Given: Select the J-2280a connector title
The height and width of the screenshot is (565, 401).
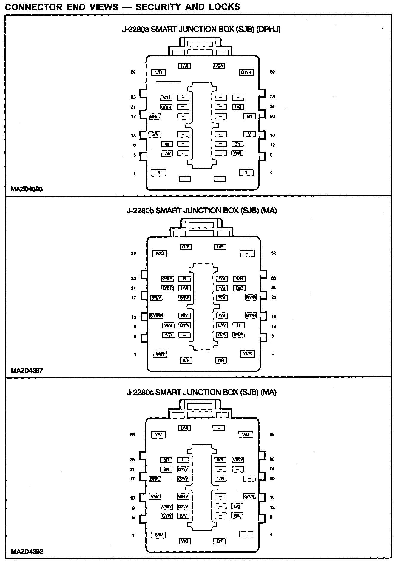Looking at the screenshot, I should (x=201, y=29).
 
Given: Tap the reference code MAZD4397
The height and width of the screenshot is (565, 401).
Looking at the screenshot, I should (x=27, y=371).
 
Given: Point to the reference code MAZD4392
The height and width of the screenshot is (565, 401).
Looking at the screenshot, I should (x=27, y=552).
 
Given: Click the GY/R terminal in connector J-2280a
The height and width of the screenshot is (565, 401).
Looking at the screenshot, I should (x=246, y=72).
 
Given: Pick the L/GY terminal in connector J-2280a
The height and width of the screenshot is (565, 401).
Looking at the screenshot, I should (x=219, y=66).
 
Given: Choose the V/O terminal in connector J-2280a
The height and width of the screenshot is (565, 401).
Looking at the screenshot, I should (x=166, y=98).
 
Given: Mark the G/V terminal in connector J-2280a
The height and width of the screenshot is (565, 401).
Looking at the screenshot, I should (x=155, y=134).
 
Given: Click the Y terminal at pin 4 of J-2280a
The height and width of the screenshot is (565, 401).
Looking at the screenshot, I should (x=246, y=172).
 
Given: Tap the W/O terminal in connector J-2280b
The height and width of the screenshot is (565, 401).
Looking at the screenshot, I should (x=160, y=254).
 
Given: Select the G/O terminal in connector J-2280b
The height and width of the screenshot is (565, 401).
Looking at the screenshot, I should (x=240, y=288).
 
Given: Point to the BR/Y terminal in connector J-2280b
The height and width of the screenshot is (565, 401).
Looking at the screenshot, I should (x=156, y=298).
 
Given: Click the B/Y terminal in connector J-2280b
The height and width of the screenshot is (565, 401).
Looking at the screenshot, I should (x=184, y=316).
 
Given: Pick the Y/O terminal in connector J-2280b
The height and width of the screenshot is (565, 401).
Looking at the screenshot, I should (x=168, y=335).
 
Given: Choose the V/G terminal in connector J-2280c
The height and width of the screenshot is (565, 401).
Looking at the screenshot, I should (x=246, y=434).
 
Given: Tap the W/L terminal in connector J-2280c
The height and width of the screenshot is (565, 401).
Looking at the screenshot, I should (x=221, y=460).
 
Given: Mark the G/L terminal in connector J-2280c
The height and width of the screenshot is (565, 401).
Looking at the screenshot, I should (x=237, y=516).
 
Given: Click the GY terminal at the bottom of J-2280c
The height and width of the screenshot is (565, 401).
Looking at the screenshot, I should (x=220, y=541).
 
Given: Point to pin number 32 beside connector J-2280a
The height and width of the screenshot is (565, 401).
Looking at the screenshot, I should (x=272, y=72).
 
